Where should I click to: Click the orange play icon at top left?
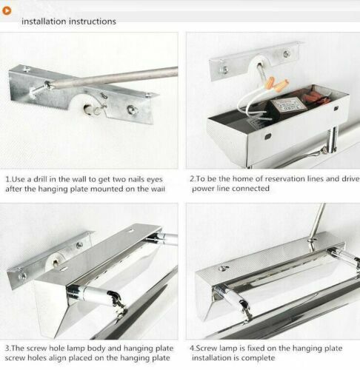click(7, 10)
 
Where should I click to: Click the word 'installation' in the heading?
click(44, 21)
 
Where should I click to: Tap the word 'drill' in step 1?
click(41, 179)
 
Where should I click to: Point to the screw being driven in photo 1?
click(39, 90)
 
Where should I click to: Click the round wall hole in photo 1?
click(88, 109)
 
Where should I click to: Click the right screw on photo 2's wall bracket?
click(287, 54)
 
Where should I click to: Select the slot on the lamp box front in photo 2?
click(267, 136)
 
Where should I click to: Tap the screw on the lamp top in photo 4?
click(224, 269)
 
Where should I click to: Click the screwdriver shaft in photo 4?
click(317, 221)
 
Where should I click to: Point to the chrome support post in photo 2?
click(332, 140)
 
